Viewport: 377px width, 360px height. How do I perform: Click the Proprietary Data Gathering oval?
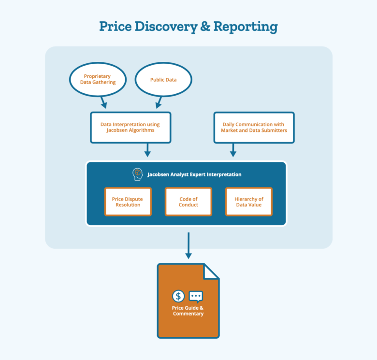click(98, 79)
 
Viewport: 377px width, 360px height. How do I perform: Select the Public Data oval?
click(163, 79)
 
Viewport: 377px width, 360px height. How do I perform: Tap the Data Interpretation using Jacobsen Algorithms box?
click(130, 128)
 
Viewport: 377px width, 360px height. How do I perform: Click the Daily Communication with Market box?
click(254, 128)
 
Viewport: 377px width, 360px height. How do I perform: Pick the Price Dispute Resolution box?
click(128, 202)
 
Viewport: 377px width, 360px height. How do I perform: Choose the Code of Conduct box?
click(188, 202)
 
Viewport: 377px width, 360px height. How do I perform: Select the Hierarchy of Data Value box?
click(249, 202)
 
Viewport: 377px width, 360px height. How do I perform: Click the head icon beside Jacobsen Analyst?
click(138, 174)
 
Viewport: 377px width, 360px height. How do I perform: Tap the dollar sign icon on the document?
click(178, 296)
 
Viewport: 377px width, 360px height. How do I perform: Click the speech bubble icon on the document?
click(196, 296)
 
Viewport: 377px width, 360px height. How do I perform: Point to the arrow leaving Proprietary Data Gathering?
click(102, 102)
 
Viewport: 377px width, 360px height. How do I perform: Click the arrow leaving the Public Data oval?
click(158, 102)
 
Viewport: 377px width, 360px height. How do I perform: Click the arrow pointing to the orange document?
click(188, 246)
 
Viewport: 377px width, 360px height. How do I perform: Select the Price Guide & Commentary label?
click(188, 311)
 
